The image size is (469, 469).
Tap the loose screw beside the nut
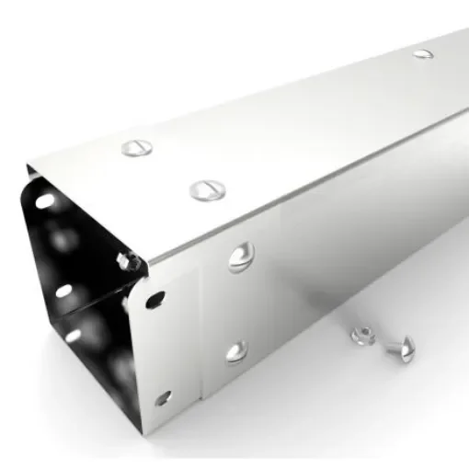(397, 347)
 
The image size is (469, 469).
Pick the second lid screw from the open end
(208, 191)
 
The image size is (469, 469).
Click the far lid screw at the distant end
(423, 53)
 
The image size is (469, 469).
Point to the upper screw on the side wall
(240, 257)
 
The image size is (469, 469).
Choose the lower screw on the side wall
(237, 350)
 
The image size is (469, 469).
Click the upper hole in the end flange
(156, 299)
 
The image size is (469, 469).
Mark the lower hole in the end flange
(163, 397)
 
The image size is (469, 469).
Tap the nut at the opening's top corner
(129, 263)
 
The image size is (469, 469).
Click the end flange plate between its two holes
(160, 349)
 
